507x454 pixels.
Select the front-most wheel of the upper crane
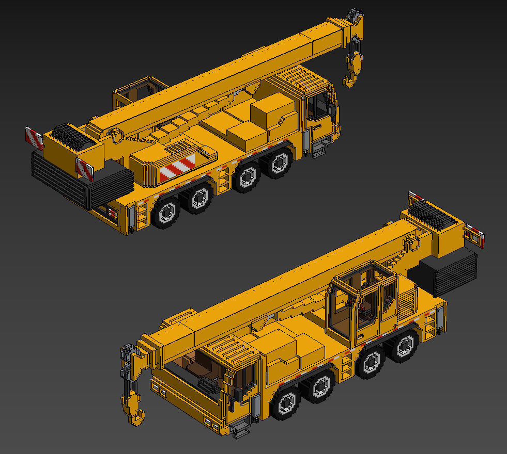[x=280, y=162]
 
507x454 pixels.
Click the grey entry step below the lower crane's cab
[x=239, y=428]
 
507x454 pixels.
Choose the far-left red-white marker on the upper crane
[x=34, y=138]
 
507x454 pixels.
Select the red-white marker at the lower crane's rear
[x=475, y=235]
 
